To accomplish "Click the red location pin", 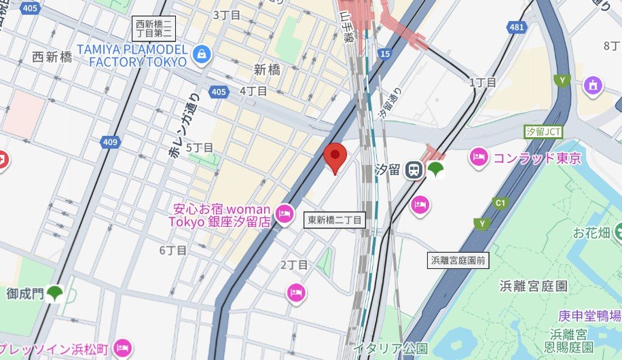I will tap(335, 157).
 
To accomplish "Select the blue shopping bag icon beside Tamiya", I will tap(200, 55).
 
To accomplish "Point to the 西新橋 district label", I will tap(52, 57).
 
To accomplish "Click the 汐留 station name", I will tap(388, 170).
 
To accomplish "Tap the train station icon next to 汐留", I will tap(413, 171).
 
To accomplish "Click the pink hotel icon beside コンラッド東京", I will tap(478, 158).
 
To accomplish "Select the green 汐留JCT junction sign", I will tap(544, 131).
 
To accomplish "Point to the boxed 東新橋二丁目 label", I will tap(335, 219).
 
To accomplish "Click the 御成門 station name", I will tap(25, 293).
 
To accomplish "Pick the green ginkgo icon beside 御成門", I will tap(56, 294).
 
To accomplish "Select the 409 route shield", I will tap(110, 142).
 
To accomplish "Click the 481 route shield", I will tap(517, 27).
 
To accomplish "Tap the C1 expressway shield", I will tap(502, 202).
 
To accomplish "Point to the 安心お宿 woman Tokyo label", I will tap(222, 215).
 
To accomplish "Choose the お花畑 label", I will tap(592, 233).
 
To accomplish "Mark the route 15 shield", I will tap(386, 54).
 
